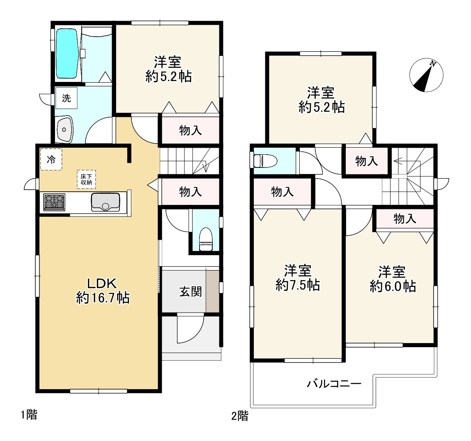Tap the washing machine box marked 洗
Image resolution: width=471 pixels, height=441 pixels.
pyautogui.click(x=67, y=98)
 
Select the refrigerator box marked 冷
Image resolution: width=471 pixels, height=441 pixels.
pyautogui.click(x=51, y=160)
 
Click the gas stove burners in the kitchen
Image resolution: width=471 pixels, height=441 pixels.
pyautogui.click(x=54, y=202)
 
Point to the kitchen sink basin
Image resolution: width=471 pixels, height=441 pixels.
pyautogui.click(x=106, y=202)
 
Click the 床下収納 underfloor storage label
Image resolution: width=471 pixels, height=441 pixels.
pyautogui.click(x=86, y=179)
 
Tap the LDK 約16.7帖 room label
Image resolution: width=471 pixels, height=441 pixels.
pyautogui.click(x=102, y=290)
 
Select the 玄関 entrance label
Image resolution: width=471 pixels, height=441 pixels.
pyautogui.click(x=191, y=291)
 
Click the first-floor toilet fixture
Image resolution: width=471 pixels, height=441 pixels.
pyautogui.click(x=206, y=239)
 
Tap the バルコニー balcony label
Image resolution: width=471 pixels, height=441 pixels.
pyautogui.click(x=334, y=384)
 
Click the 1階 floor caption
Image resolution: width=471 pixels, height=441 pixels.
pyautogui.click(x=29, y=415)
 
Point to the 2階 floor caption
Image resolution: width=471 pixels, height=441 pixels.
pyautogui.click(x=240, y=416)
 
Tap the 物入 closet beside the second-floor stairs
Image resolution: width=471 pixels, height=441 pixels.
pyautogui.click(x=366, y=161)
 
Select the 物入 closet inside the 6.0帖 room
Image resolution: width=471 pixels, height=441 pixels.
pyautogui.click(x=404, y=218)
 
